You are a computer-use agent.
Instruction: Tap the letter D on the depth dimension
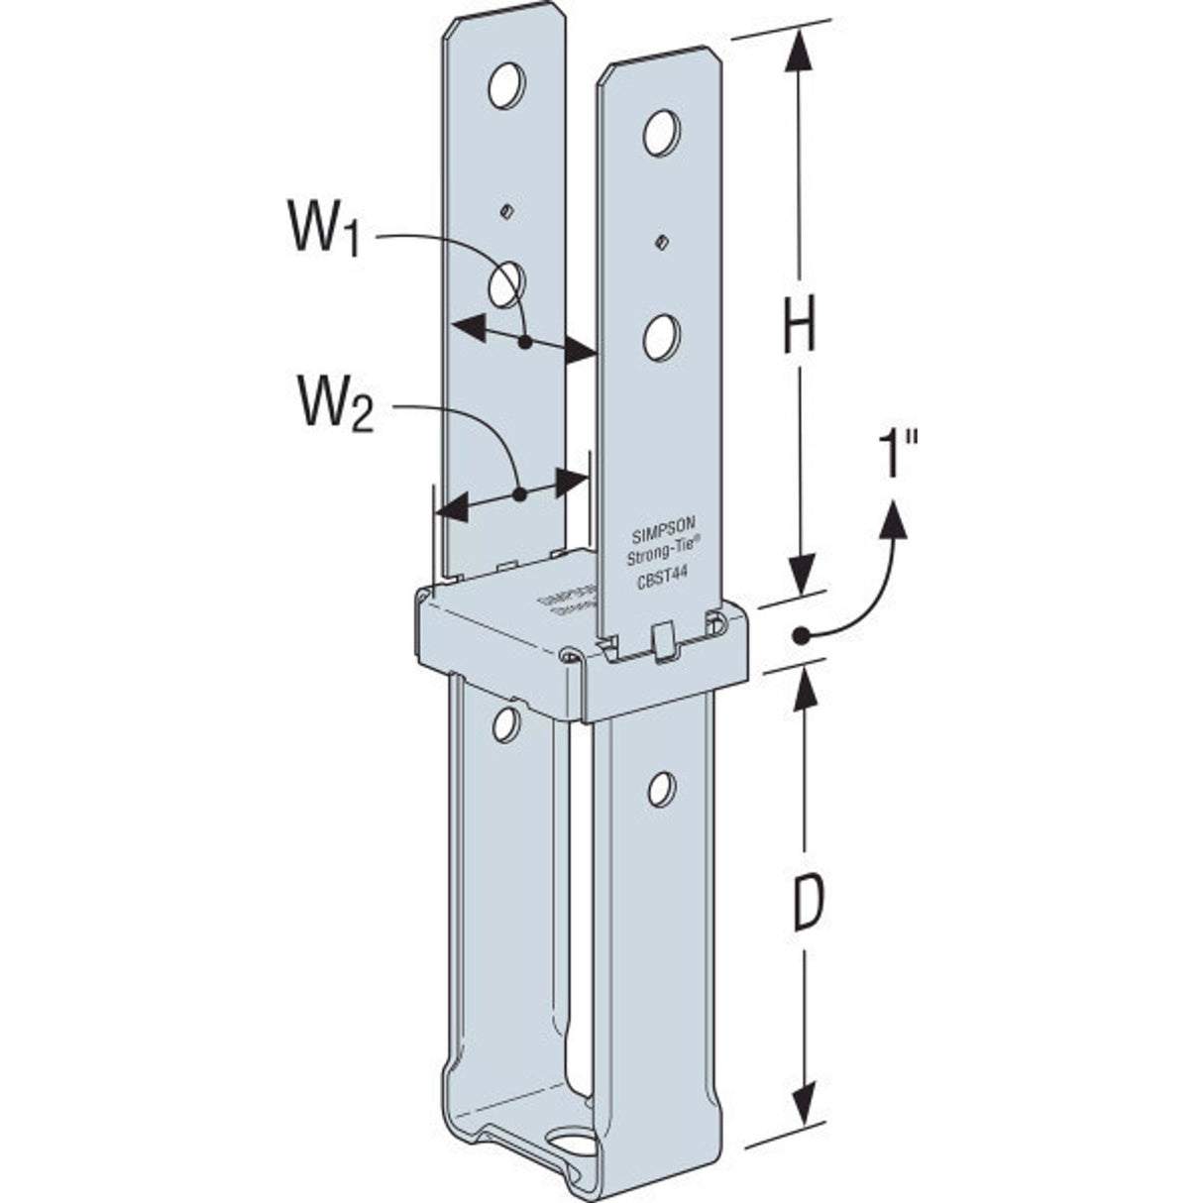point(809,904)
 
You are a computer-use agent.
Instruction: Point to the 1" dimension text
point(899,456)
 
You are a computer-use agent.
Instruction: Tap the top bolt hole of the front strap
point(662,134)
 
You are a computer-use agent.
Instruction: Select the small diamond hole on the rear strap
point(506,210)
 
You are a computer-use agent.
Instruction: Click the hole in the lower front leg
point(662,788)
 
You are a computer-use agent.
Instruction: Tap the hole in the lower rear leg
point(506,724)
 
